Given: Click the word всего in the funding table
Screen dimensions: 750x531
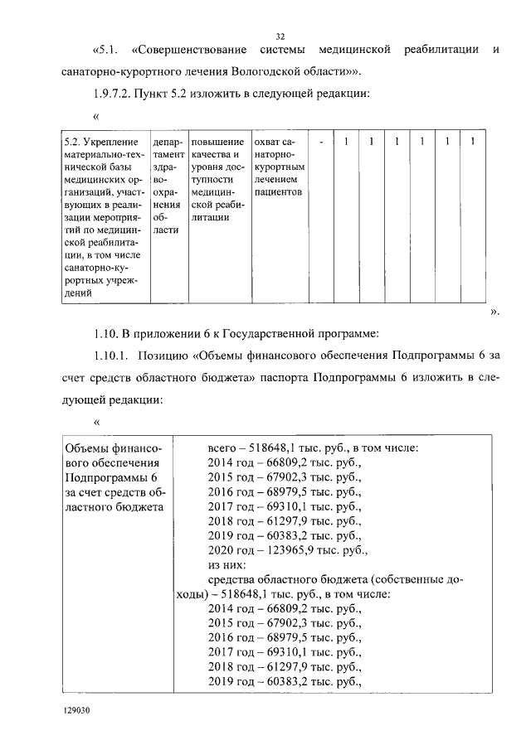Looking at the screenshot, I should click(223, 448).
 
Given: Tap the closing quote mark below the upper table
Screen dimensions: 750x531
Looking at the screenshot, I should click(494, 312).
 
